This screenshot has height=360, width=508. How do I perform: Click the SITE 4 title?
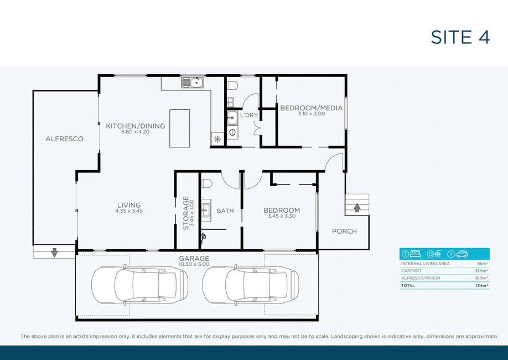[x=460, y=37]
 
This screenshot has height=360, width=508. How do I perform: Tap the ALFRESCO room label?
[x=65, y=139]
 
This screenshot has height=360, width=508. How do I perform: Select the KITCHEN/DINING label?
[x=136, y=126]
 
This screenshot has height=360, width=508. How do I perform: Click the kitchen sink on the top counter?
[x=192, y=83]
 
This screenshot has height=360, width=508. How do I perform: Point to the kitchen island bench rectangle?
[x=180, y=128]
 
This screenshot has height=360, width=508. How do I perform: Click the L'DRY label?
[x=249, y=115]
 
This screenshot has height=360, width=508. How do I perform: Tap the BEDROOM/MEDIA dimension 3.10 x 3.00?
[x=312, y=114]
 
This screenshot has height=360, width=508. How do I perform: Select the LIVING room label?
[x=129, y=205]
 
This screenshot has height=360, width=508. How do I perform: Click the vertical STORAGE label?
[x=186, y=213]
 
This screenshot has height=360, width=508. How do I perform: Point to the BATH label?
[x=225, y=211]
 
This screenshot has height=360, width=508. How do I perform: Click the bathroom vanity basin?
[x=206, y=210]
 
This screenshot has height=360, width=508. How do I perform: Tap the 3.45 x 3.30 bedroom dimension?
[x=282, y=216]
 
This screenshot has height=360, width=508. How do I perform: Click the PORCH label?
[x=344, y=232]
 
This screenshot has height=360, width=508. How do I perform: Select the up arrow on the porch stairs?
[x=357, y=207]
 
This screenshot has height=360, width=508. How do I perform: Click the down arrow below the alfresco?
[x=54, y=252]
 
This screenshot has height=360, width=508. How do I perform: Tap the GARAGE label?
[x=194, y=259]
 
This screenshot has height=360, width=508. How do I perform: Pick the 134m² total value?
[x=482, y=286]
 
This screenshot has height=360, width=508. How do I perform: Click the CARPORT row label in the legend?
[x=411, y=271]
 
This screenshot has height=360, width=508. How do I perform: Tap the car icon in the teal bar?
[x=462, y=254]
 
